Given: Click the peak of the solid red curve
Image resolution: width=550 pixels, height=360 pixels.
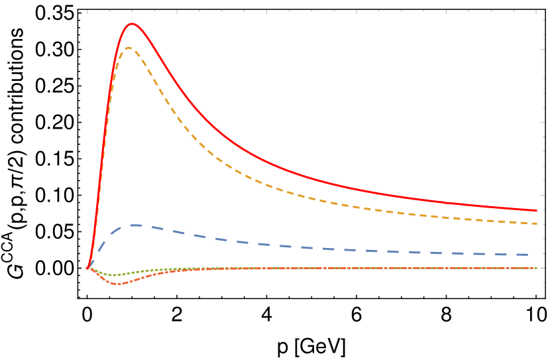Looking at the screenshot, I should (x=132, y=23).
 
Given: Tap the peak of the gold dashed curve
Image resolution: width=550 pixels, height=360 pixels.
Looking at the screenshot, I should (x=128, y=47).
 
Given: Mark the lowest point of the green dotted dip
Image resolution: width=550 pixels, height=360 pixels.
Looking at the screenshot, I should (x=114, y=274).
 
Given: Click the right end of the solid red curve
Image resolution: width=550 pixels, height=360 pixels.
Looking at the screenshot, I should (x=537, y=211).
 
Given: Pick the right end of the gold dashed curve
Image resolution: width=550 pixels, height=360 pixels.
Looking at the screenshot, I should (x=537, y=223).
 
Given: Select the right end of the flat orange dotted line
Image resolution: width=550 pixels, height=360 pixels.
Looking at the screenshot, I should (x=537, y=269).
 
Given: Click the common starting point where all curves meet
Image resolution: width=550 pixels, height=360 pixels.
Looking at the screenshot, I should (x=87, y=269).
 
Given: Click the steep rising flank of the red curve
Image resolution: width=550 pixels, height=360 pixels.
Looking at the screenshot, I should (x=103, y=166).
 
